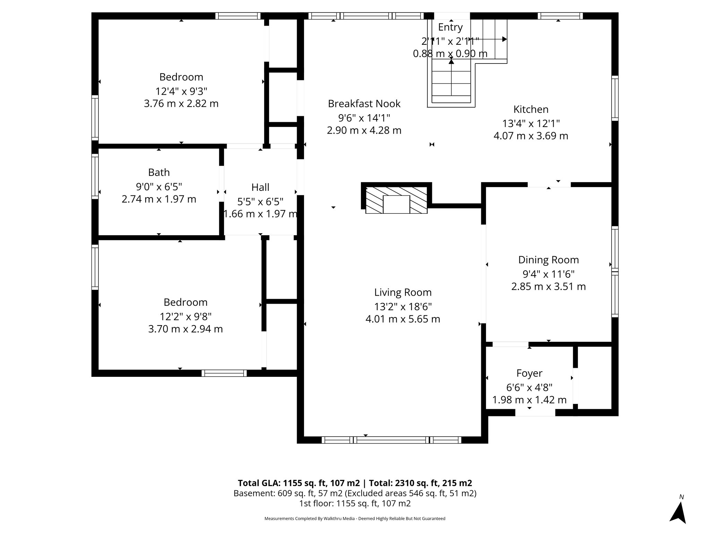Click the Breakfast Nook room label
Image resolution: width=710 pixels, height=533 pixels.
click(x=364, y=103)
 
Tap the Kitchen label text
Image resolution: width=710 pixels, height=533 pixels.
click(x=531, y=109)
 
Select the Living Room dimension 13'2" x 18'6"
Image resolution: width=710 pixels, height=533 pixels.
click(x=403, y=307)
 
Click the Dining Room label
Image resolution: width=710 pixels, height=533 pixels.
click(x=548, y=260)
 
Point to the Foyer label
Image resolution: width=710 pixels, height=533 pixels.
click(x=529, y=373)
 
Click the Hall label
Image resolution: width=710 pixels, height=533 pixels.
click(x=260, y=187)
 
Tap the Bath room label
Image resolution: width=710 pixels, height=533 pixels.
click(x=159, y=172)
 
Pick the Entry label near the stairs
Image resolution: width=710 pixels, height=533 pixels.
click(x=450, y=27)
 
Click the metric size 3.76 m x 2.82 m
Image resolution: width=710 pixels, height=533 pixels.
click(x=181, y=104)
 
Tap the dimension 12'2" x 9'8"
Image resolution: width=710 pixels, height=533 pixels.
click(x=185, y=316)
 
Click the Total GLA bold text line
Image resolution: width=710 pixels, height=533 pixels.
click(x=355, y=483)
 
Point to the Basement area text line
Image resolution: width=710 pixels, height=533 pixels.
click(x=355, y=493)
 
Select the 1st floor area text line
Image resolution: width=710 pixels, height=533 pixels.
click(x=355, y=504)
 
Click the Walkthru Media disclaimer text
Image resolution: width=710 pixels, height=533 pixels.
click(x=355, y=518)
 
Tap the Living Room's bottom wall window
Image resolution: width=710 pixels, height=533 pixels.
click(x=391, y=440)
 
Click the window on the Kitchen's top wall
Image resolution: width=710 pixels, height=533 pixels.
click(x=560, y=16)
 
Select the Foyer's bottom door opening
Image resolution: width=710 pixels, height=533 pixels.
click(x=535, y=413)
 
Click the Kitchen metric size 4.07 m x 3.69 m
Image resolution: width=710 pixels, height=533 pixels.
click(x=531, y=136)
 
